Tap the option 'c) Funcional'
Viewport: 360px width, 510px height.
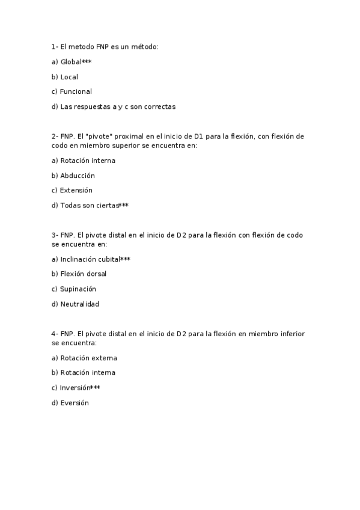(x=72, y=91)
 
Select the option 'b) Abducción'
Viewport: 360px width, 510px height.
(x=73, y=176)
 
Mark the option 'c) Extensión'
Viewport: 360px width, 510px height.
(x=72, y=190)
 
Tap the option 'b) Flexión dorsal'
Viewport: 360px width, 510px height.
(x=79, y=274)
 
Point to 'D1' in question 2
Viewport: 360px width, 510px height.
(x=199, y=137)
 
